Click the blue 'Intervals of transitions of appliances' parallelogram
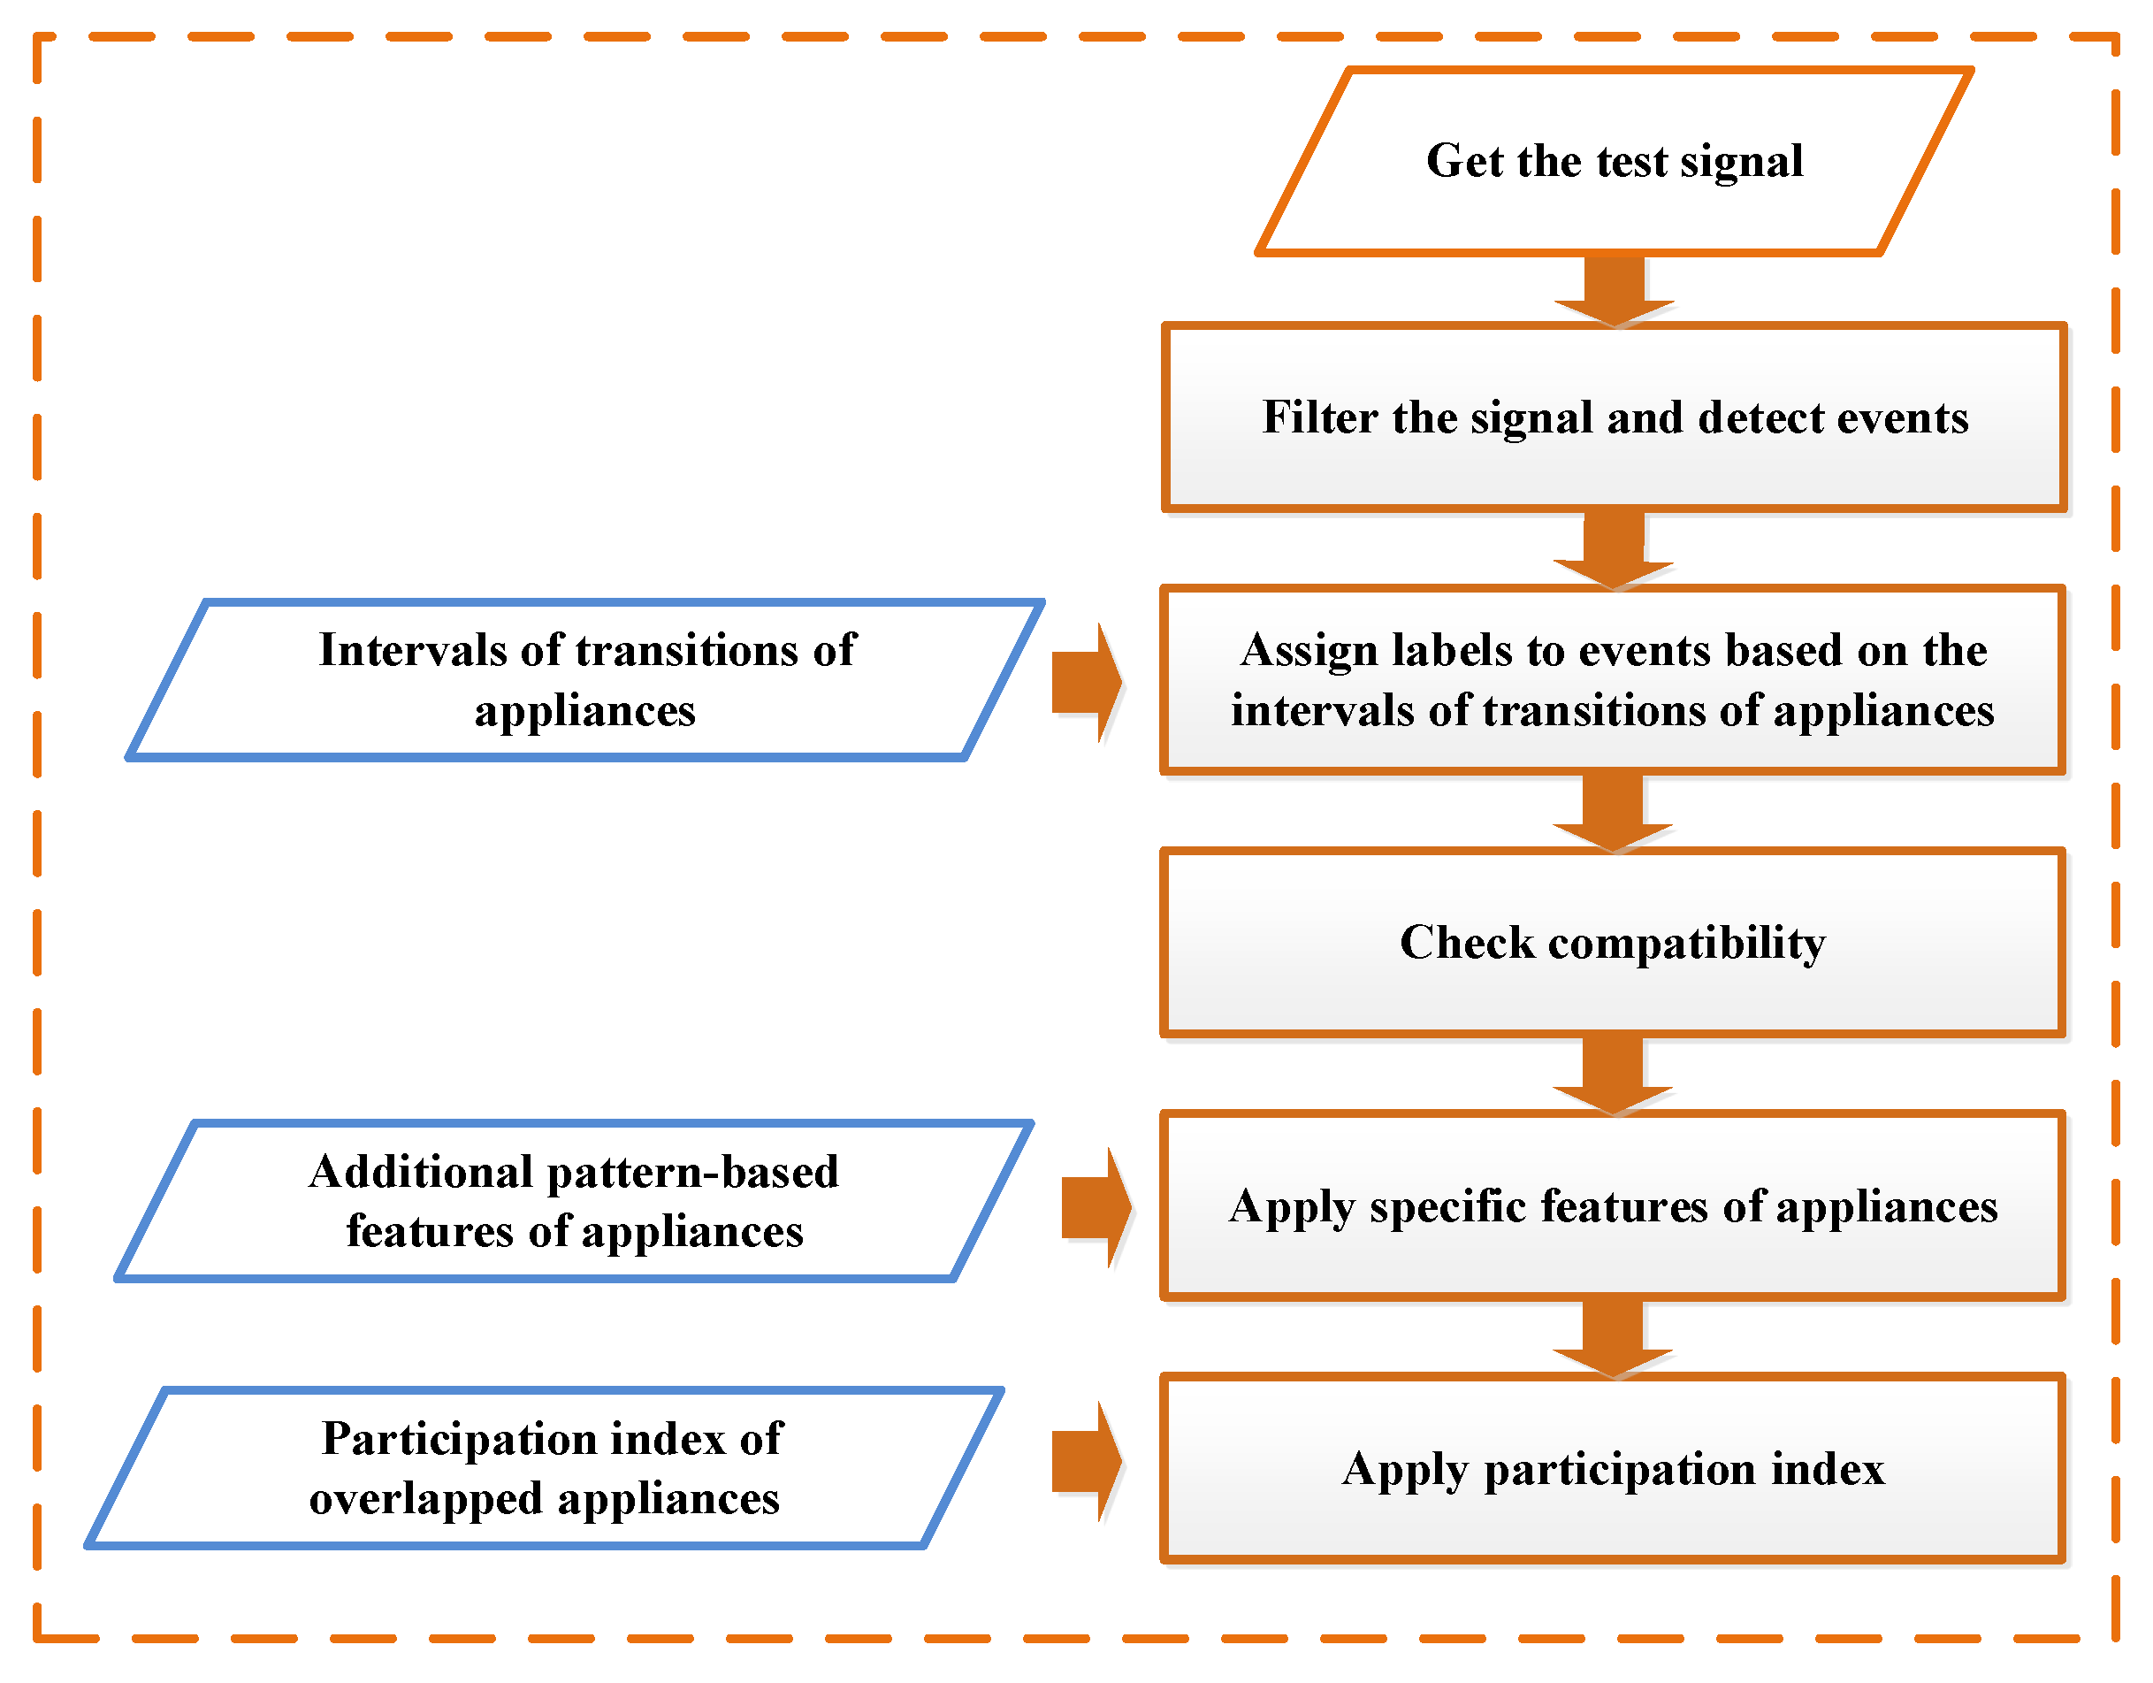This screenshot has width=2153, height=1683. pos(585,680)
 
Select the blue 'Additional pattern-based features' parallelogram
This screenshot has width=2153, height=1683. pos(575,1202)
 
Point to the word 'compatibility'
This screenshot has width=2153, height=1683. pos(1687,945)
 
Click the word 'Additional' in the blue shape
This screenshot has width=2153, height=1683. pos(421,1174)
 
